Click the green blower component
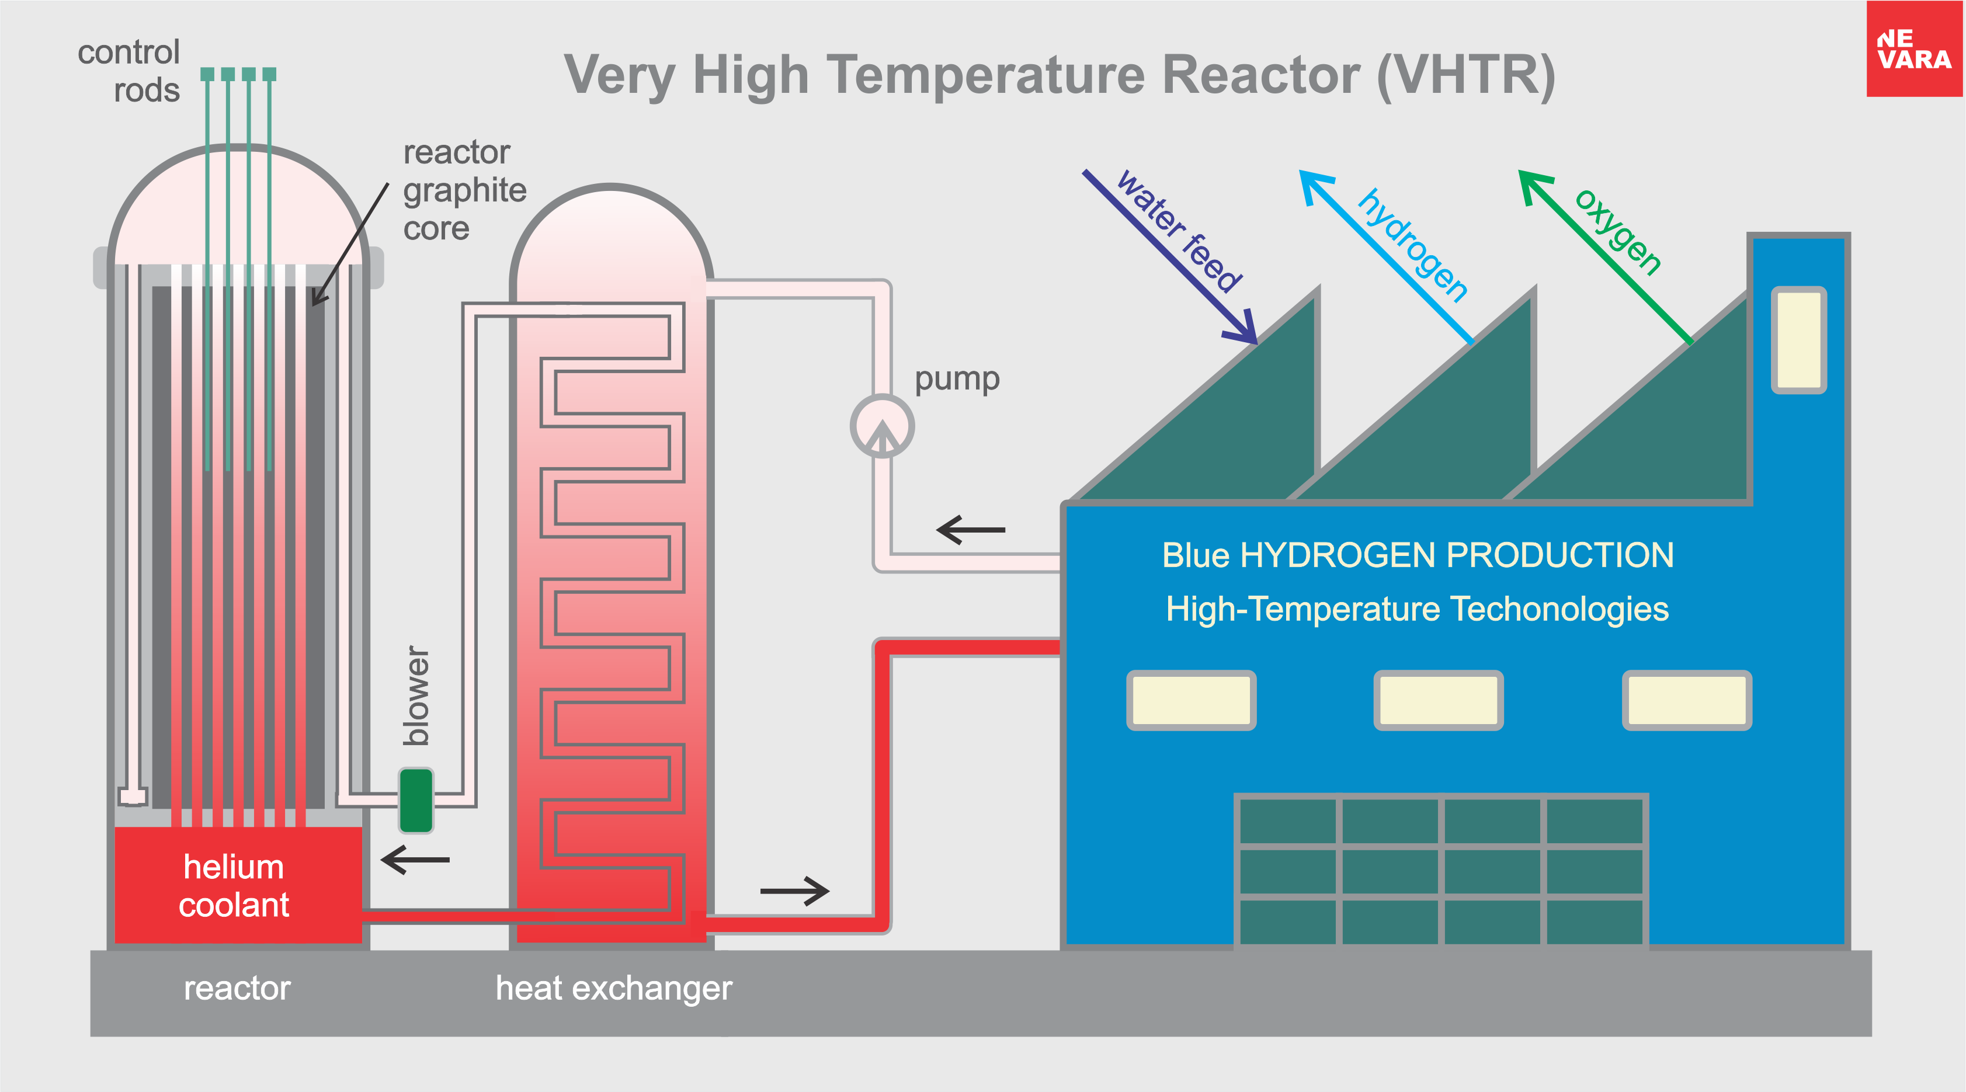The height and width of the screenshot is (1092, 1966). pos(416,800)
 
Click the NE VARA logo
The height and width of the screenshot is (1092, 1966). pos(1913,49)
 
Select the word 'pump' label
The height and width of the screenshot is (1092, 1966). pos(957,378)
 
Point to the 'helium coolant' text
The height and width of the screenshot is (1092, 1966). pos(234,886)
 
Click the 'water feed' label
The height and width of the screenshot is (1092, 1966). pos(1179,231)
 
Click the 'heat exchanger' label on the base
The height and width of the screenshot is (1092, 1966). pos(614,988)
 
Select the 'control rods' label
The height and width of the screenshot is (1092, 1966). pos(130,71)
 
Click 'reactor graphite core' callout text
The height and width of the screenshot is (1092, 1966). pos(464,190)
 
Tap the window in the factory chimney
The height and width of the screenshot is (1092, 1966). pos(1798,340)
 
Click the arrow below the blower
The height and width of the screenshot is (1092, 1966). pos(415,860)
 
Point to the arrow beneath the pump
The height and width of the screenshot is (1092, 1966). pos(971,529)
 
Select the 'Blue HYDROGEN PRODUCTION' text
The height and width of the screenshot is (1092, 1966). pos(1417,555)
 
